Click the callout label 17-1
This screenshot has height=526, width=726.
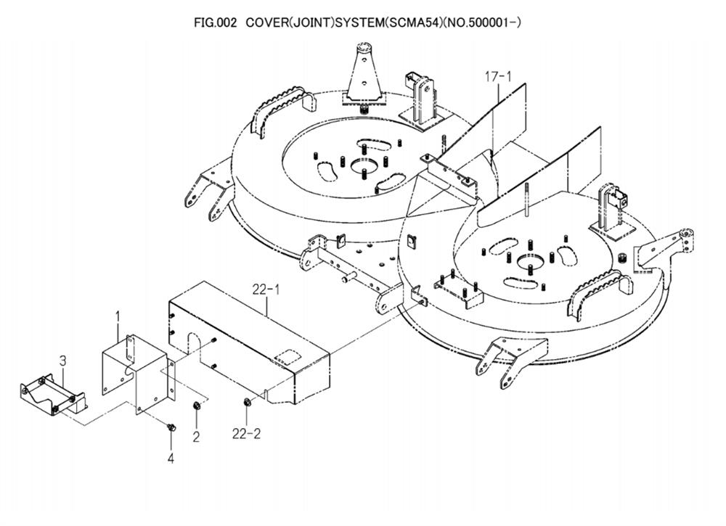(x=498, y=76)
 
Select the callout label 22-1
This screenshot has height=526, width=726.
(x=266, y=289)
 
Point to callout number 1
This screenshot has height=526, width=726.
(x=118, y=317)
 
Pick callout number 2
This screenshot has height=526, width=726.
(x=196, y=436)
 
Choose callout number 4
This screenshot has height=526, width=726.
(x=171, y=459)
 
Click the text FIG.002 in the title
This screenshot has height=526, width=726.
(x=216, y=22)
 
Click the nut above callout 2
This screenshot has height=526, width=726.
(x=196, y=406)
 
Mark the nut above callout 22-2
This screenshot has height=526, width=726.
(x=246, y=401)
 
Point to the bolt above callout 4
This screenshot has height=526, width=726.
(x=171, y=427)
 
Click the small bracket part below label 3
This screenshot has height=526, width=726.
(x=53, y=393)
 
